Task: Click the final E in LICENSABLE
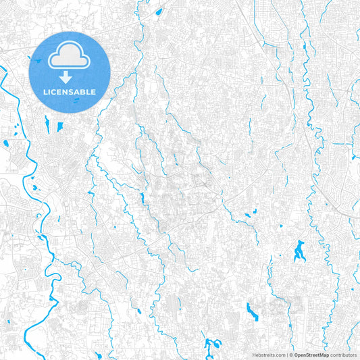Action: coord(94,91)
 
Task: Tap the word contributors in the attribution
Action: coord(342,354)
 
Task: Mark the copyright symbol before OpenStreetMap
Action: coord(291,354)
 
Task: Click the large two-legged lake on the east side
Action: coord(299,251)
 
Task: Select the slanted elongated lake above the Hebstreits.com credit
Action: coord(253,311)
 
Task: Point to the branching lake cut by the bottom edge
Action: coord(213,346)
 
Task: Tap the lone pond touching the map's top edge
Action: coord(159,11)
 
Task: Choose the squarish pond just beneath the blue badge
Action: coord(60,126)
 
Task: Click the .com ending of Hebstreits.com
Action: coord(280,354)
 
